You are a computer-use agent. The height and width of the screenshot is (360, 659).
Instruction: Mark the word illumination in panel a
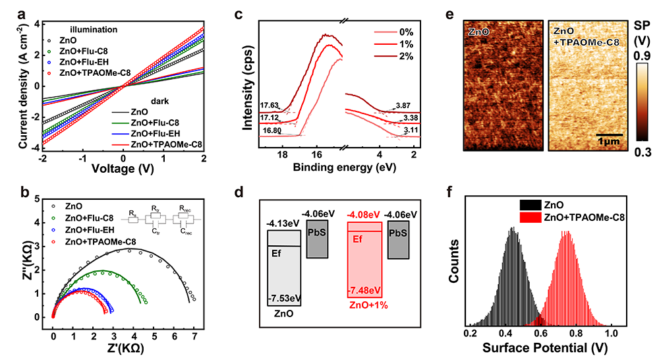(x=94, y=29)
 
